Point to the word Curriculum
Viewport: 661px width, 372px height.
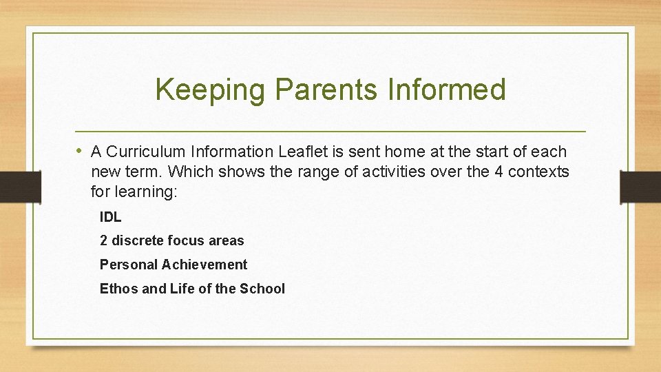(x=146, y=152)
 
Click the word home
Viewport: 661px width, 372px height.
(x=405, y=152)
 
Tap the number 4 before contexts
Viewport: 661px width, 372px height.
(x=499, y=172)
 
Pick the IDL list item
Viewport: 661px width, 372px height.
(x=111, y=217)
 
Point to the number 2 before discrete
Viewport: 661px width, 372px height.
(x=103, y=241)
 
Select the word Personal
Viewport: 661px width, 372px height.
(x=128, y=265)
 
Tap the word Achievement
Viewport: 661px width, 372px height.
(x=204, y=265)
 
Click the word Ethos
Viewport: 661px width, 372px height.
(x=118, y=289)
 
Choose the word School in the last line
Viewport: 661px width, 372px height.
(x=262, y=289)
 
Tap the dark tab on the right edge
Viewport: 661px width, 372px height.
(x=640, y=187)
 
